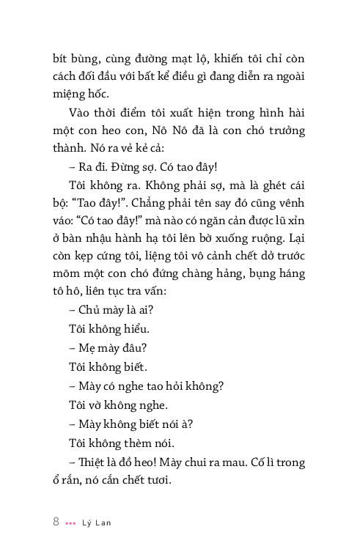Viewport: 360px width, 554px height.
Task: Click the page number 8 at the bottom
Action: coord(56,522)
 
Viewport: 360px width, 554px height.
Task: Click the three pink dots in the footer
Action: coord(70,523)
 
